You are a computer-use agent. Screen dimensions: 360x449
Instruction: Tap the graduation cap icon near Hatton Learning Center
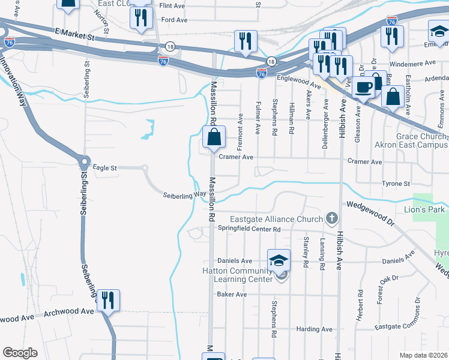pyautogui.click(x=279, y=261)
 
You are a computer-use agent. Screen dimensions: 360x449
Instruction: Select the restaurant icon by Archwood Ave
pyautogui.click(x=108, y=300)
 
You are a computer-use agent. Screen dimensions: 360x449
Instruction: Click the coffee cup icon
pyautogui.click(x=363, y=87)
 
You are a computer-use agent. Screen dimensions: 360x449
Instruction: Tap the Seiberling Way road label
pyautogui.click(x=185, y=195)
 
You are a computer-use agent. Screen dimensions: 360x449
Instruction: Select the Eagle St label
pyautogui.click(x=104, y=168)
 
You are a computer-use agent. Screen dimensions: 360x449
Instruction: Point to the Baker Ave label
pyautogui.click(x=232, y=295)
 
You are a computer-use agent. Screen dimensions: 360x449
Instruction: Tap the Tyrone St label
pyautogui.click(x=396, y=184)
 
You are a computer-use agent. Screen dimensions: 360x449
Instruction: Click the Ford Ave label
pyautogui.click(x=173, y=19)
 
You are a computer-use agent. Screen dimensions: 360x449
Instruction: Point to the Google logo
pyautogui.click(x=20, y=353)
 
